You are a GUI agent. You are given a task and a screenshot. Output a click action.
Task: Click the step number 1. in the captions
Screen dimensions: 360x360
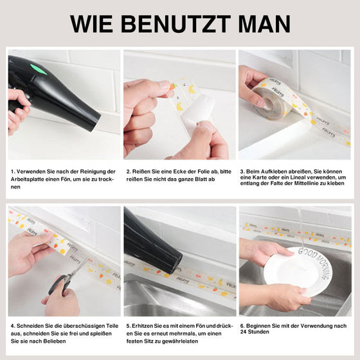(13, 172)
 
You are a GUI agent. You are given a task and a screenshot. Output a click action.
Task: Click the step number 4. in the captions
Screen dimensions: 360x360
(13, 326)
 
